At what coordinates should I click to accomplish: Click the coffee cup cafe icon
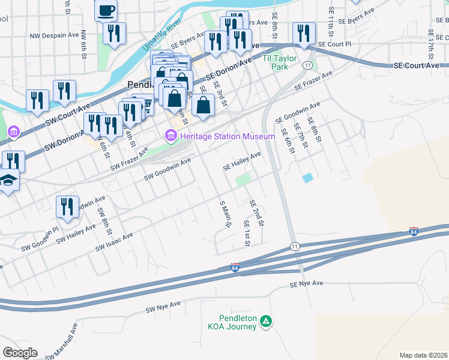coord(106,10)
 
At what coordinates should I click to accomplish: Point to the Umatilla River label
coord(162,35)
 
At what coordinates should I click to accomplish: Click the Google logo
coord(19,353)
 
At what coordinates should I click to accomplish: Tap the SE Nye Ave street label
coord(306,283)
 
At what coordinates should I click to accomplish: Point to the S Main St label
coord(226,214)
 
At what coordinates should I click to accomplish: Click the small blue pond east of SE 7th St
coord(308,178)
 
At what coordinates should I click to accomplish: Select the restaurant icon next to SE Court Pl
coord(303,34)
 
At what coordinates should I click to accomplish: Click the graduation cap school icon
coord(8,180)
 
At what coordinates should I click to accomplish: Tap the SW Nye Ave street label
coord(163,307)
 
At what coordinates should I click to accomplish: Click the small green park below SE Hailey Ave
coord(243,179)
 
